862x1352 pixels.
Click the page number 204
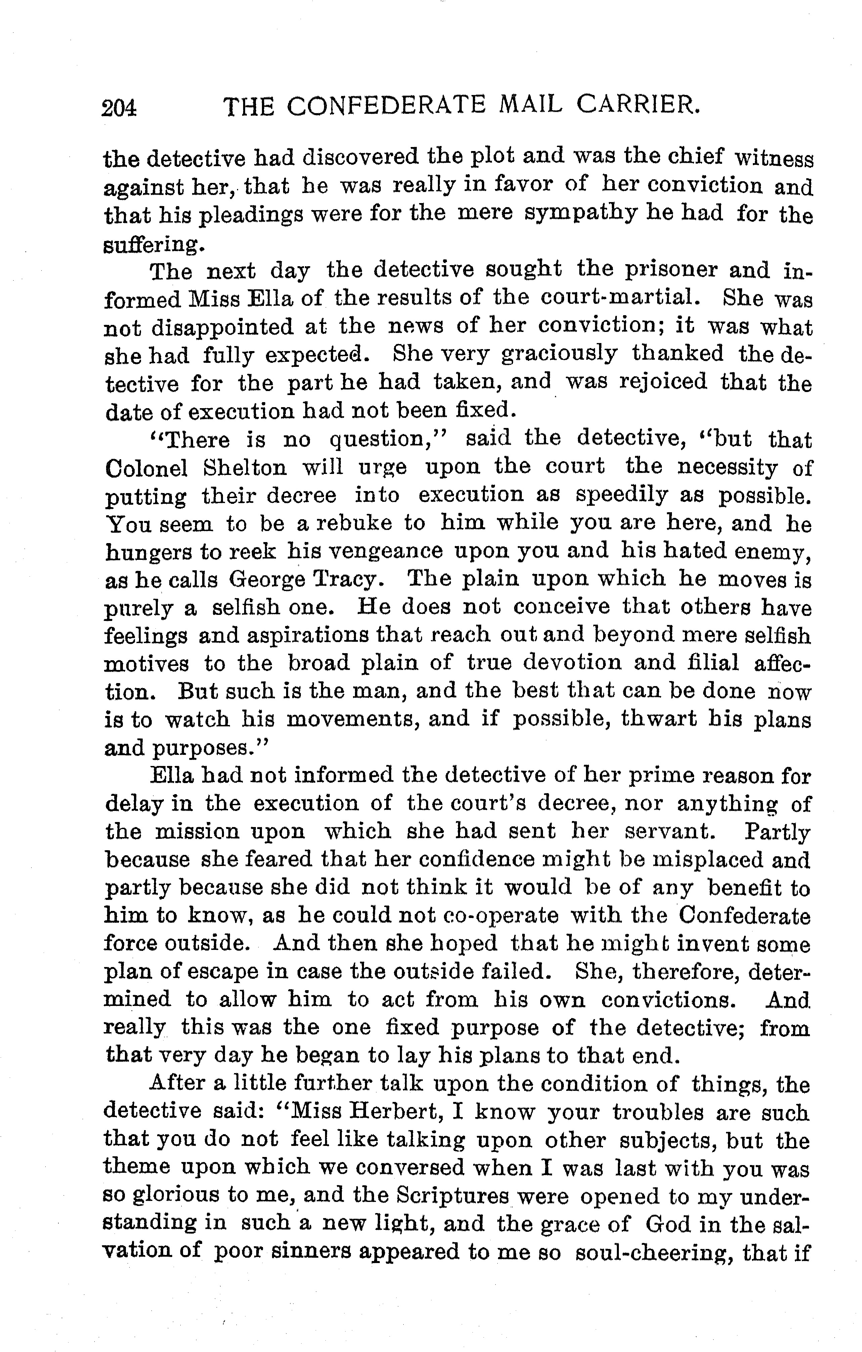click(x=119, y=107)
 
